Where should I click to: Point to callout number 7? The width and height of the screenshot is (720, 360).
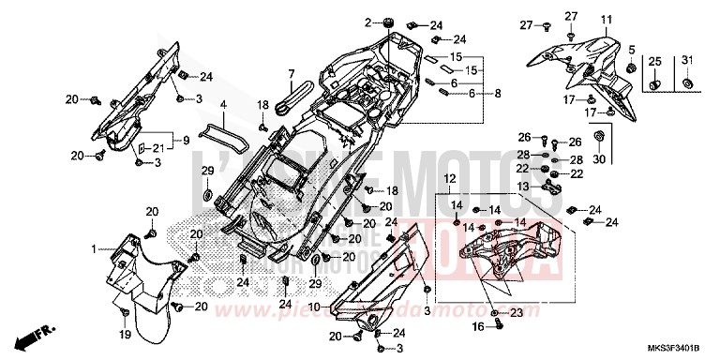292,73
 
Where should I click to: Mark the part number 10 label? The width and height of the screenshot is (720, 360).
315,307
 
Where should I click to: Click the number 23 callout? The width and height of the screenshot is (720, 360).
517,312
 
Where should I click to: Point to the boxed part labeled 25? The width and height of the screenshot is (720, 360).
654,63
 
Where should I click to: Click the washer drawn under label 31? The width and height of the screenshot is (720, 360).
689,85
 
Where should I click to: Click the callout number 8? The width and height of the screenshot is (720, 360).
497,94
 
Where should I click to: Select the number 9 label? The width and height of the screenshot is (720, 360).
187,141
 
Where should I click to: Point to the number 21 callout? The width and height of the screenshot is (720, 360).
158,149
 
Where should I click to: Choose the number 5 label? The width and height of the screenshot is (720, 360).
632,49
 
